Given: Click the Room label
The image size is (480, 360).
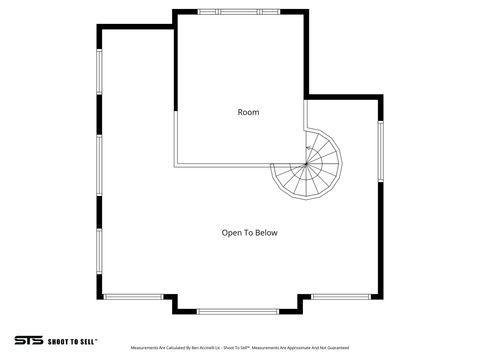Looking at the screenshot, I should coord(248,112).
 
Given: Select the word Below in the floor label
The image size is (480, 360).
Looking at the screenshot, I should coord(265,232).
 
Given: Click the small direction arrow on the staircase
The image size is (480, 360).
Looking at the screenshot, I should coord(308,149).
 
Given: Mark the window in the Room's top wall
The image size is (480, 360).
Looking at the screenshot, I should coord(240,11).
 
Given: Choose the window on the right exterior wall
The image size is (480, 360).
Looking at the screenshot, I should coord(380,151).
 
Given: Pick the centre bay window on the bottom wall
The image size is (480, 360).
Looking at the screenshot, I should coord(239,311).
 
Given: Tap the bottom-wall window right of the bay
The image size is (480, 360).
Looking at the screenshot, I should coord(341,296).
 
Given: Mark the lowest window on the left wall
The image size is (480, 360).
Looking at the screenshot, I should coord(98,255).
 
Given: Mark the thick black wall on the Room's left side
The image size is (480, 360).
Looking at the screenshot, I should coord(175,60).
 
